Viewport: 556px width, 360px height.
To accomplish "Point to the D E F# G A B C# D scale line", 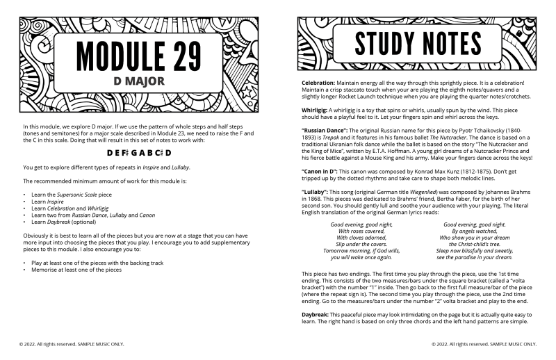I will [139, 152].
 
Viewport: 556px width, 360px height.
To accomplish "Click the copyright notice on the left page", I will [72, 343].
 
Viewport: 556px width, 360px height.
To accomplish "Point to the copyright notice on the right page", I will [484, 343].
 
